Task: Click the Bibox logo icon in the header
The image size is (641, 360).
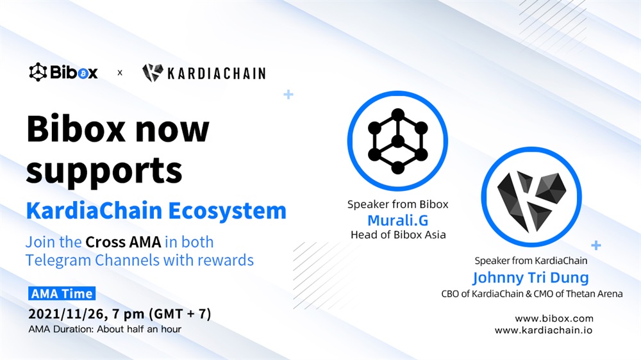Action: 38,72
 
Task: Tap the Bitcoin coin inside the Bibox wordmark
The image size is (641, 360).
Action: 83,74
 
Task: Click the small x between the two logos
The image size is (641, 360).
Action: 120,73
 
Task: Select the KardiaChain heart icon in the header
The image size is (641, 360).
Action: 153,73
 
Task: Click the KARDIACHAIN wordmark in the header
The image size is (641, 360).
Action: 217,74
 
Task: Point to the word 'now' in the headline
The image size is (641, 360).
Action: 172,130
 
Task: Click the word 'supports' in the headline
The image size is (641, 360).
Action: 104,172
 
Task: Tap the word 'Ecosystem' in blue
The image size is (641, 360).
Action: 228,211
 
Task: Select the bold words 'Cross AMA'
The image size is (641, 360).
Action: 124,242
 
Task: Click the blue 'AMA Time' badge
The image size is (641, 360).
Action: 62,293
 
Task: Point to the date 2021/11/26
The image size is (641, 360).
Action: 68,314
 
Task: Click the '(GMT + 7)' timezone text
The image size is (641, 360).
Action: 180,314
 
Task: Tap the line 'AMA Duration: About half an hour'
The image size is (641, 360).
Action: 105,329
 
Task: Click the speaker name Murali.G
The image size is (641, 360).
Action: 398,220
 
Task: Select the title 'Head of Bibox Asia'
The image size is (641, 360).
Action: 398,234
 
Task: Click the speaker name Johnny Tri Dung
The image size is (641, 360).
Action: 531,278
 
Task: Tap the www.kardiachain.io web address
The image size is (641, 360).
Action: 544,330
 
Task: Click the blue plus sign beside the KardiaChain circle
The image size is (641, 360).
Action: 596,245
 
